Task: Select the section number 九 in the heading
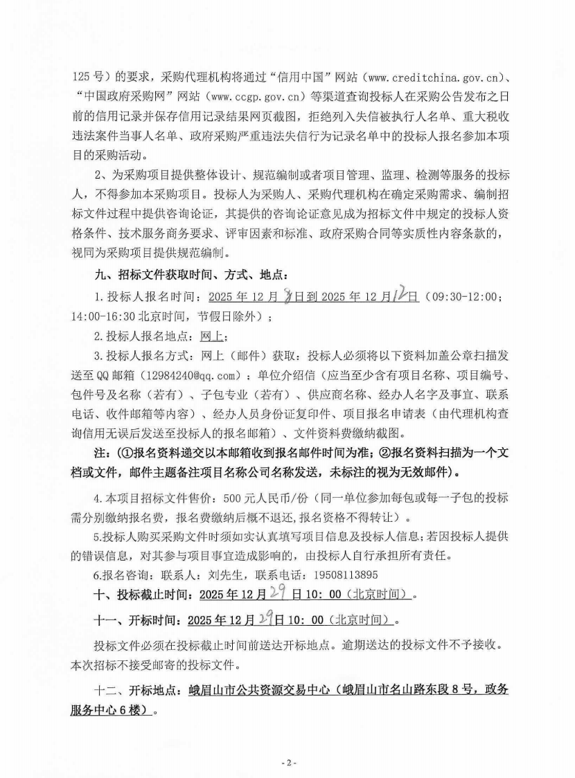(100, 277)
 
